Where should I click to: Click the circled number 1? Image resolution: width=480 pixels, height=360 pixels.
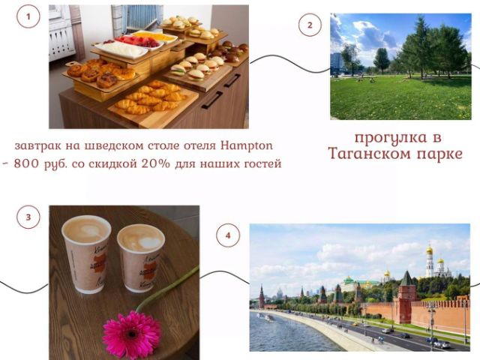28,16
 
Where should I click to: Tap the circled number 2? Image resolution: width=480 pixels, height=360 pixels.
310,25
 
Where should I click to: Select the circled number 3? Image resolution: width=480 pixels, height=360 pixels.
28,217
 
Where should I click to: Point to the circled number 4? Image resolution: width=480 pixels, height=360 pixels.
228,235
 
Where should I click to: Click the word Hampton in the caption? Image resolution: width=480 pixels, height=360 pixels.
247,145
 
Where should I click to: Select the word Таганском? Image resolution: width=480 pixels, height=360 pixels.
370,154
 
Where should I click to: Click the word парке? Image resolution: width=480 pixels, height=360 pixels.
439,154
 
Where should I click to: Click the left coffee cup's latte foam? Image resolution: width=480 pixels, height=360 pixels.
86,229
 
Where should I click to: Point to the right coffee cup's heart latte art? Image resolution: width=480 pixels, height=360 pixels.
149,242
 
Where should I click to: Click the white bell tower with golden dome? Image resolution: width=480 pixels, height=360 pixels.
430,259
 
